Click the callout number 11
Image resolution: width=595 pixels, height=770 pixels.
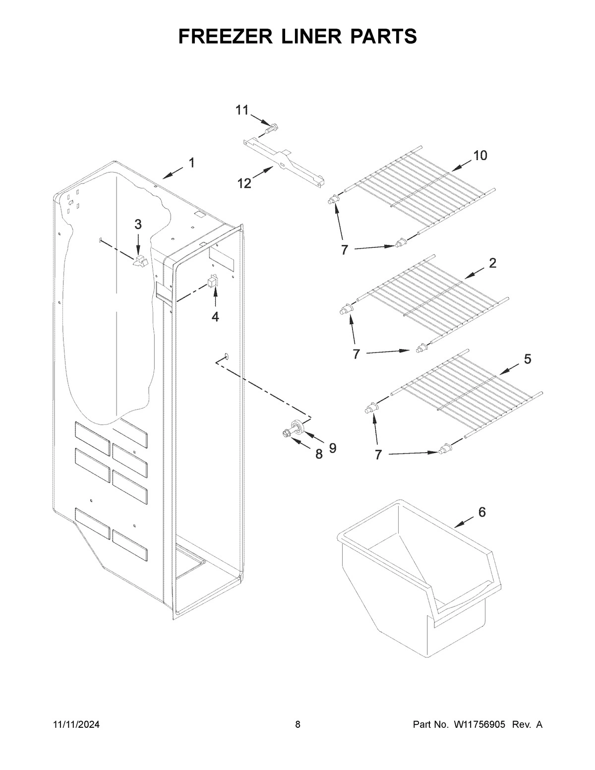[241, 110]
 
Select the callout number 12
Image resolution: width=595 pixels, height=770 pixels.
[244, 183]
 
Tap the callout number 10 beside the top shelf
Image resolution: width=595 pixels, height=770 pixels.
[480, 156]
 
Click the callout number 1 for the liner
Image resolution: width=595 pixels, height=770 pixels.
[191, 163]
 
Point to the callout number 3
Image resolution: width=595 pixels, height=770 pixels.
[138, 225]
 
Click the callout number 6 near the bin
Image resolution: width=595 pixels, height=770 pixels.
[482, 513]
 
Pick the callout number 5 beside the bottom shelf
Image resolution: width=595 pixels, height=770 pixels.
[527, 358]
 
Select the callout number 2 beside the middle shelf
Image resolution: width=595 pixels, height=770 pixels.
[492, 263]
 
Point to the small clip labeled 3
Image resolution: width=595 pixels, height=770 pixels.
[141, 260]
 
